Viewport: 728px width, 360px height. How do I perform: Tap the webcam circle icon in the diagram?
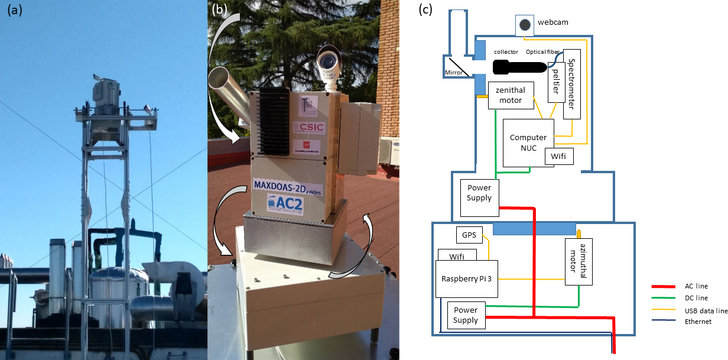click(x=525, y=24)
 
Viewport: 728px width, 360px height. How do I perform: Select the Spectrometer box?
click(x=571, y=84)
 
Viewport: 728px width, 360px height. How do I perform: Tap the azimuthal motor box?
click(x=579, y=262)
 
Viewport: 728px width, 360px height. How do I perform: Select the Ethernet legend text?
click(x=697, y=322)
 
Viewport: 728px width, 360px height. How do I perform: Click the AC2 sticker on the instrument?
click(x=286, y=202)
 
